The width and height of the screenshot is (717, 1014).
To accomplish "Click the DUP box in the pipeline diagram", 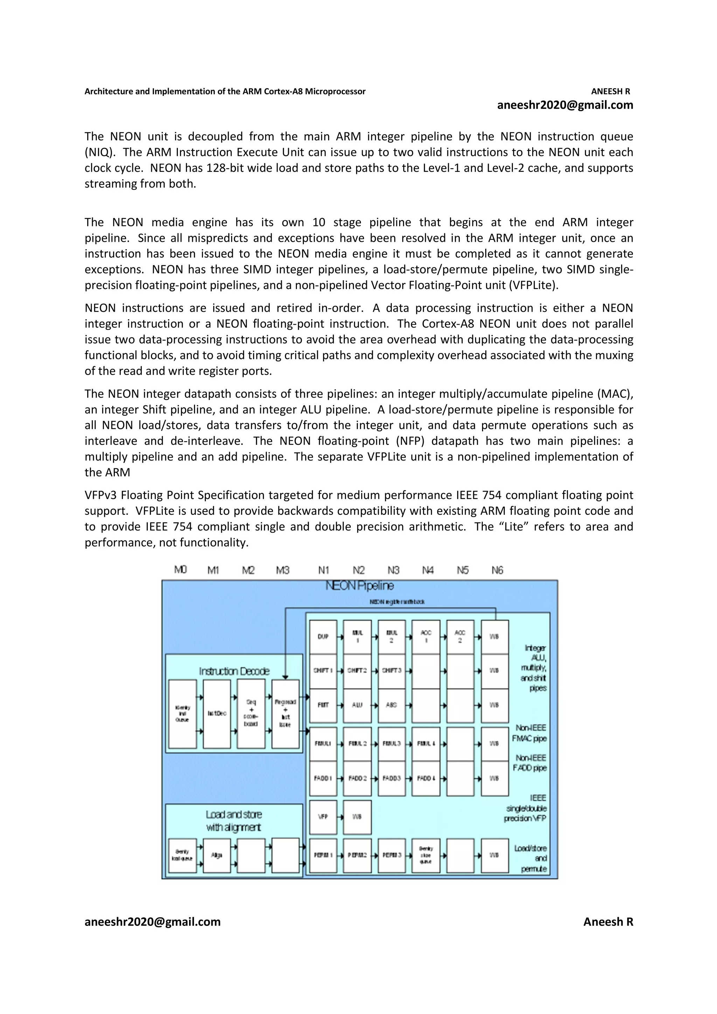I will point(323,636).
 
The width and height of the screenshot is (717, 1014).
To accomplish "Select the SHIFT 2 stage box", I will point(357,670).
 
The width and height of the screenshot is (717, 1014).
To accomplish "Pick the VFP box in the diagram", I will point(323,817).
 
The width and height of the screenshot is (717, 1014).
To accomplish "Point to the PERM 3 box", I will point(391,855).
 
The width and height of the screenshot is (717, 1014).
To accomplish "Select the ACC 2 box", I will point(460,636).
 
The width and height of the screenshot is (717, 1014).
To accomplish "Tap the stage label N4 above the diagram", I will point(427,570).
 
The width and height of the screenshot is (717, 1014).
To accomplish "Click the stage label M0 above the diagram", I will point(180,570).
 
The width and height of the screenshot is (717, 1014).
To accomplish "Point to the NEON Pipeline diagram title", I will point(360,586).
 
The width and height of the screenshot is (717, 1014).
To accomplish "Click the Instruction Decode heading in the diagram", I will point(234,671).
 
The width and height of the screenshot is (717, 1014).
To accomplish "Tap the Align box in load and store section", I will point(216,855).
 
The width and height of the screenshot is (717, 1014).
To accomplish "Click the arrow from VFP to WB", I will point(340,817).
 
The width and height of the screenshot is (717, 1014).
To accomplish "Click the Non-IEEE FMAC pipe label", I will point(529,733).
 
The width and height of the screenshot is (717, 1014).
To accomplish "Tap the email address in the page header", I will point(565,105).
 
